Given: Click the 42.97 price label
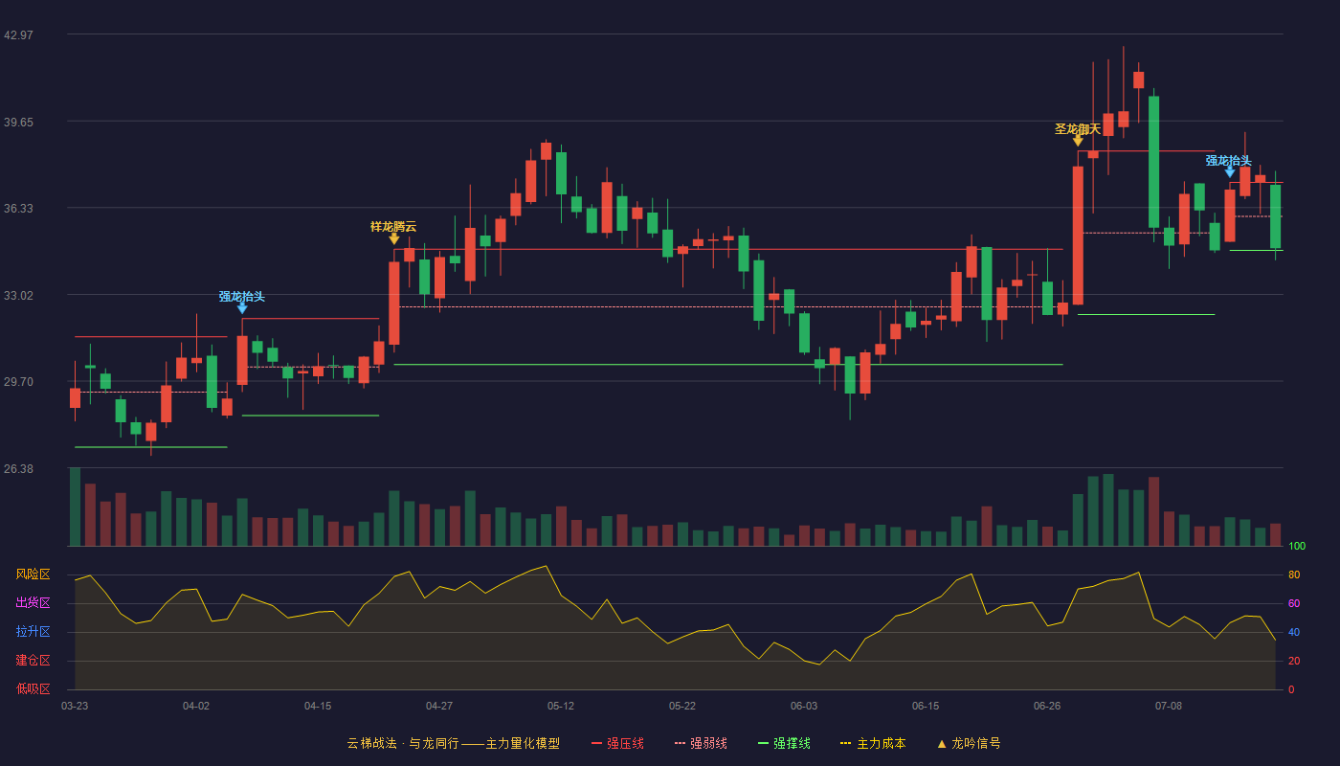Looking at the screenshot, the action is pyautogui.click(x=18, y=34).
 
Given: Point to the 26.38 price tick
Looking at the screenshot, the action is pyautogui.click(x=18, y=468).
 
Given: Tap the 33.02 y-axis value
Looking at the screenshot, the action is pyautogui.click(x=18, y=296).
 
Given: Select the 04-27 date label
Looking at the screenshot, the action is pyautogui.click(x=439, y=707).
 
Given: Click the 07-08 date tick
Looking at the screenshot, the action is pyautogui.click(x=1169, y=707).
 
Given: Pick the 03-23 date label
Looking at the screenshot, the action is pyautogui.click(x=75, y=707).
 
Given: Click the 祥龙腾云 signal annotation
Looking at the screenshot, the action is pyautogui.click(x=393, y=227).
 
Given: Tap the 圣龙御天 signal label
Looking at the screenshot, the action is pyautogui.click(x=1078, y=129).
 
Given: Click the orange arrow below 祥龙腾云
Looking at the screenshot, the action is pyautogui.click(x=393, y=238).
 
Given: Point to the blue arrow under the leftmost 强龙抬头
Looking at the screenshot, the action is pyautogui.click(x=241, y=308).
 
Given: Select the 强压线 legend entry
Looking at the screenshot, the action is pyautogui.click(x=617, y=743).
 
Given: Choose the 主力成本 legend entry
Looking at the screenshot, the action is pyautogui.click(x=873, y=743).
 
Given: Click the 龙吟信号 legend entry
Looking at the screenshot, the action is pyautogui.click(x=969, y=743).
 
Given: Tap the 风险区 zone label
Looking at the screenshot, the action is pyautogui.click(x=33, y=574).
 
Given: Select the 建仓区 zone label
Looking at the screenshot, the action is pyautogui.click(x=33, y=661).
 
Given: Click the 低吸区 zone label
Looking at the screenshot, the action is pyautogui.click(x=33, y=689).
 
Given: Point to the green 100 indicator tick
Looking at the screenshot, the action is pyautogui.click(x=1297, y=546).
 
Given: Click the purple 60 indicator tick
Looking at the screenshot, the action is pyautogui.click(x=1294, y=603).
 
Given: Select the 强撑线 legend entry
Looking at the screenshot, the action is pyautogui.click(x=784, y=743).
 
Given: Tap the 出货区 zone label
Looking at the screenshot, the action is pyautogui.click(x=33, y=602).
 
